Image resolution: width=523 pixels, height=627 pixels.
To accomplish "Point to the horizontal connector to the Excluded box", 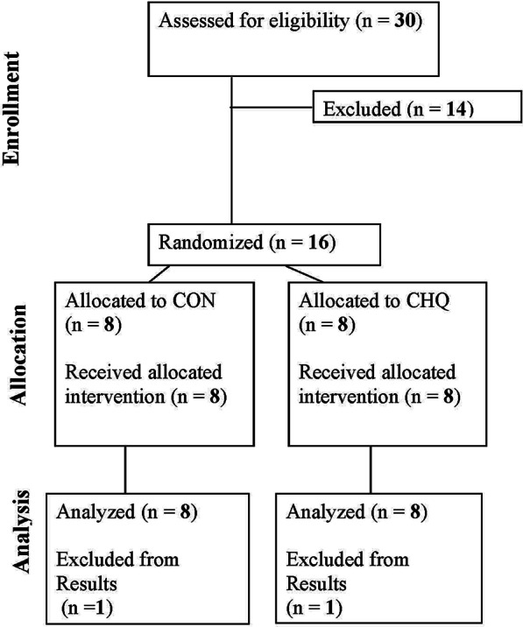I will [272, 109].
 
